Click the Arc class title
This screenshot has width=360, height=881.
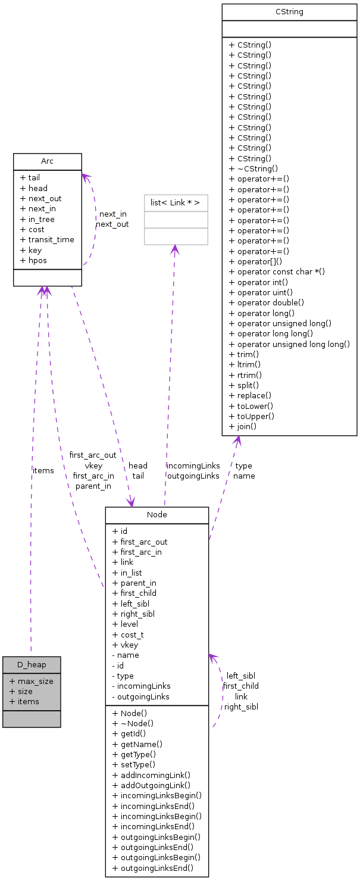[x=47, y=161]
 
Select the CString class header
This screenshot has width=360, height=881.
[x=289, y=12]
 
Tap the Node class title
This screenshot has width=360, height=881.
[x=156, y=515]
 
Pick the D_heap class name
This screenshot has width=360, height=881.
[x=32, y=664]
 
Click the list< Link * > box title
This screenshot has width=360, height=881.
[x=176, y=203]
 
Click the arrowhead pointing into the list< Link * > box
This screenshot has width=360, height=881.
[x=174, y=249]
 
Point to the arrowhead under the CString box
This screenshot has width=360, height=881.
[x=237, y=440]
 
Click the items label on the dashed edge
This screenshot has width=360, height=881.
[x=43, y=470]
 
